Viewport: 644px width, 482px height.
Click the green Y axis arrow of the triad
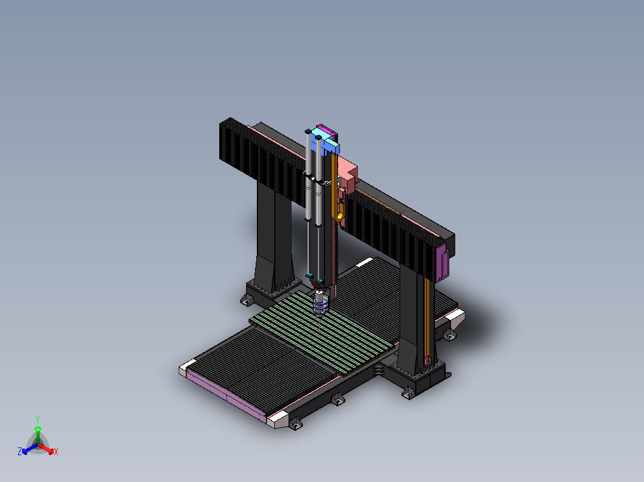tap(38, 434)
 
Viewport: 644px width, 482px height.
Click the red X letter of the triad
tap(56, 452)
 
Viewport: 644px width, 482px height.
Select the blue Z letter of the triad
tap(20, 452)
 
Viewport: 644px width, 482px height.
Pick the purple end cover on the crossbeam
tap(443, 262)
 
